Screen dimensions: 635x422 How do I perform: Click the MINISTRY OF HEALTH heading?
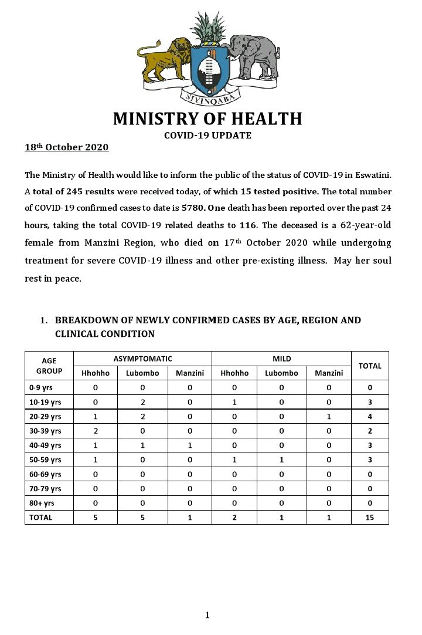207,119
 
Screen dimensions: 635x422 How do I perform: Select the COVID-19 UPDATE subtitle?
207,136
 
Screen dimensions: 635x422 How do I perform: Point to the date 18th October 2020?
66,147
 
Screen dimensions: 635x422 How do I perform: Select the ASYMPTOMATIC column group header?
142,359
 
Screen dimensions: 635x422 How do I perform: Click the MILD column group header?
281,359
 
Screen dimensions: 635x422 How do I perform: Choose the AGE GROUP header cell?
49,366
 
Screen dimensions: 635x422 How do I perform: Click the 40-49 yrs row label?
45,445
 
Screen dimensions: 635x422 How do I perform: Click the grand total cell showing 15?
369,518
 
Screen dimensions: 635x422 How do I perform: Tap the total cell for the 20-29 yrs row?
369,416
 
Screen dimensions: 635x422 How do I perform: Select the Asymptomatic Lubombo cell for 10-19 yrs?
142,402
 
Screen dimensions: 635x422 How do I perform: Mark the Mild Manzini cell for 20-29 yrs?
329,416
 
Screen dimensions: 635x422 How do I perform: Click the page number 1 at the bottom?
207,615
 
